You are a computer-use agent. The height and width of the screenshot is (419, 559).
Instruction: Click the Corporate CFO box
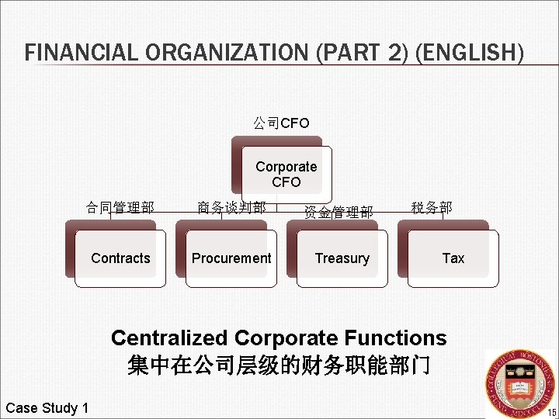click(286, 175)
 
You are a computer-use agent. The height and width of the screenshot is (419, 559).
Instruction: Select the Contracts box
click(120, 258)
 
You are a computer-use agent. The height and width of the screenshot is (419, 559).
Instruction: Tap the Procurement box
click(231, 258)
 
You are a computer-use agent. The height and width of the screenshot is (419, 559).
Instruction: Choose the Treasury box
click(342, 258)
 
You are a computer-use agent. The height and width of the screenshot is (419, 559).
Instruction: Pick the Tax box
click(453, 258)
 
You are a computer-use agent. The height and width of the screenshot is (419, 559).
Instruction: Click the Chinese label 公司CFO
click(281, 123)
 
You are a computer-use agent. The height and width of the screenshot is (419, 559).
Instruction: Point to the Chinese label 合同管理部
click(120, 207)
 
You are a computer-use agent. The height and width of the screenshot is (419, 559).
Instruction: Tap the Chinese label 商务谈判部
click(231, 207)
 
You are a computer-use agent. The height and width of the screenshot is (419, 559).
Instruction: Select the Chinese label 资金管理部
click(339, 212)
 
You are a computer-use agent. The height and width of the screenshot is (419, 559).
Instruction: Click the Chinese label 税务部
click(432, 207)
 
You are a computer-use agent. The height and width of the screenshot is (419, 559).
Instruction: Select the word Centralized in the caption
click(169, 338)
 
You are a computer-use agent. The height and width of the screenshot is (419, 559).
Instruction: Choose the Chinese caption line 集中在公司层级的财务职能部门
click(279, 365)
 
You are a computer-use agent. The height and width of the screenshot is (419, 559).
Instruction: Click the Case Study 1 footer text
click(47, 408)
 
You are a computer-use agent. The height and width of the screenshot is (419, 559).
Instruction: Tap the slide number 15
click(552, 411)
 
